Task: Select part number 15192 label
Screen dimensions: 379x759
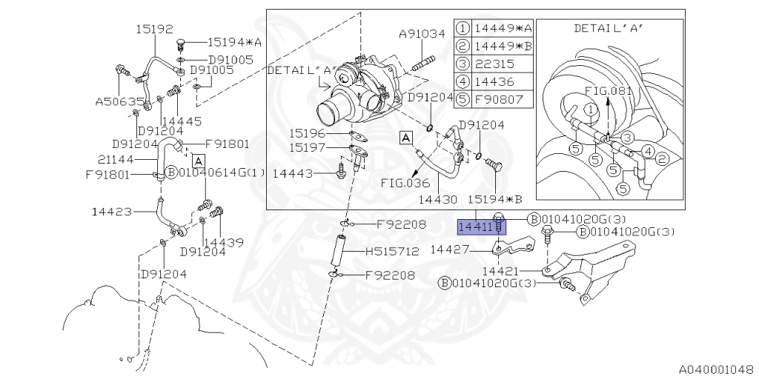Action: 154,30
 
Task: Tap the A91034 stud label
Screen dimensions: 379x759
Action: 421,33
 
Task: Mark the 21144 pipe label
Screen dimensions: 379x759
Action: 115,158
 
